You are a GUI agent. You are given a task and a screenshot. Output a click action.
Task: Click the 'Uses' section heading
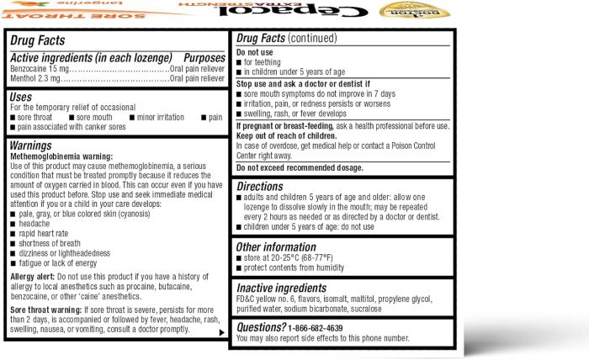tap(22, 98)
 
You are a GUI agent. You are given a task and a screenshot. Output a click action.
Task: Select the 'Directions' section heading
tap(266, 186)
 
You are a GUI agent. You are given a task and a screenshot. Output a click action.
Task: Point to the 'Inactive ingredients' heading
tap(292, 288)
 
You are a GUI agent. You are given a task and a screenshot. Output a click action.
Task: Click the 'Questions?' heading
tap(262, 326)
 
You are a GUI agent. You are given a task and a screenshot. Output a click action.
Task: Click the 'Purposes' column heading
tap(204, 56)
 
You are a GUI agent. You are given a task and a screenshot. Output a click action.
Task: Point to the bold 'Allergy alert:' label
tap(34, 276)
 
